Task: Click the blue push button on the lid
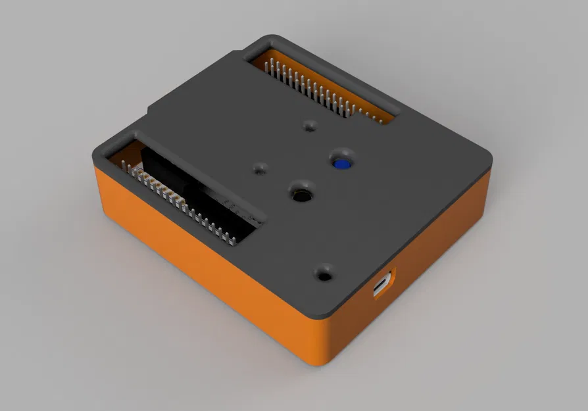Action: coord(341,164)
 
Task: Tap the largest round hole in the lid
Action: coord(302,195)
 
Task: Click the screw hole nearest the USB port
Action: coord(324,272)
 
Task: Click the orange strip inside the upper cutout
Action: coord(368,105)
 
